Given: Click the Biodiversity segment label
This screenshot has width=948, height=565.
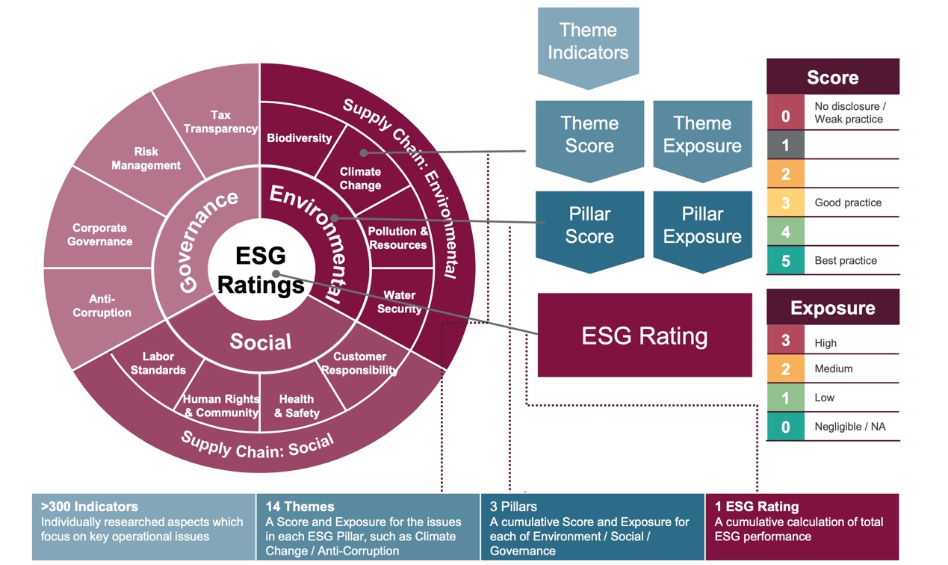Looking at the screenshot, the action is point(300,138).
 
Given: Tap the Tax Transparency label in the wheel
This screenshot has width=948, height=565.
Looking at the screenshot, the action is point(220,122).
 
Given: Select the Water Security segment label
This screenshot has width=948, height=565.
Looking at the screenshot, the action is point(399,302).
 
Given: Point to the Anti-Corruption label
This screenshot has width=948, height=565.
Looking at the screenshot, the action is point(102,306).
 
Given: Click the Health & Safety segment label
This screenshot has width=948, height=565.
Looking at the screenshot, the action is point(297,406).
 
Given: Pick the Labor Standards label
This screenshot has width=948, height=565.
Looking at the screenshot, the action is point(158,363).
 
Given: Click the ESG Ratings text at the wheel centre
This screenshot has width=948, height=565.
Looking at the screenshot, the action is point(261,271).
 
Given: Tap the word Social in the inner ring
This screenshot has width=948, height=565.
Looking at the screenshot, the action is point(261,342).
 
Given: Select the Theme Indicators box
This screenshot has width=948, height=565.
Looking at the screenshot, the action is point(588,48).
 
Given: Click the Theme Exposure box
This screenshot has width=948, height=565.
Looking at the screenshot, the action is point(702,141).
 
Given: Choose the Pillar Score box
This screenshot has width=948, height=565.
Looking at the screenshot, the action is point(589,232).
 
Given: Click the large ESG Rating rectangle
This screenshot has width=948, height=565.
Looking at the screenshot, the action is point(645,335).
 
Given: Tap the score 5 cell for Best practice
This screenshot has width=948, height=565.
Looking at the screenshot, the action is point(785,260).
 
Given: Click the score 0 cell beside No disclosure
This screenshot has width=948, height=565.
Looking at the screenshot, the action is point(785,115).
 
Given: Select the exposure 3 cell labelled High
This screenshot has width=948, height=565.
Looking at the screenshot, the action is point(785,340).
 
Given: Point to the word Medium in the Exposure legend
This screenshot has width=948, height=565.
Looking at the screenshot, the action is point(833,369).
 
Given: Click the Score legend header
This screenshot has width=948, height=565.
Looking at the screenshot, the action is point(833,77).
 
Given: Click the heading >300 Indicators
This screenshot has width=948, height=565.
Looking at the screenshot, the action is point(90,507).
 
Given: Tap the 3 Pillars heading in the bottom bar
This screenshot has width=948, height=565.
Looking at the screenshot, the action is point(513,507).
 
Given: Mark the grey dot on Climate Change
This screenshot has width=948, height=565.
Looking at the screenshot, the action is point(364,152).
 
